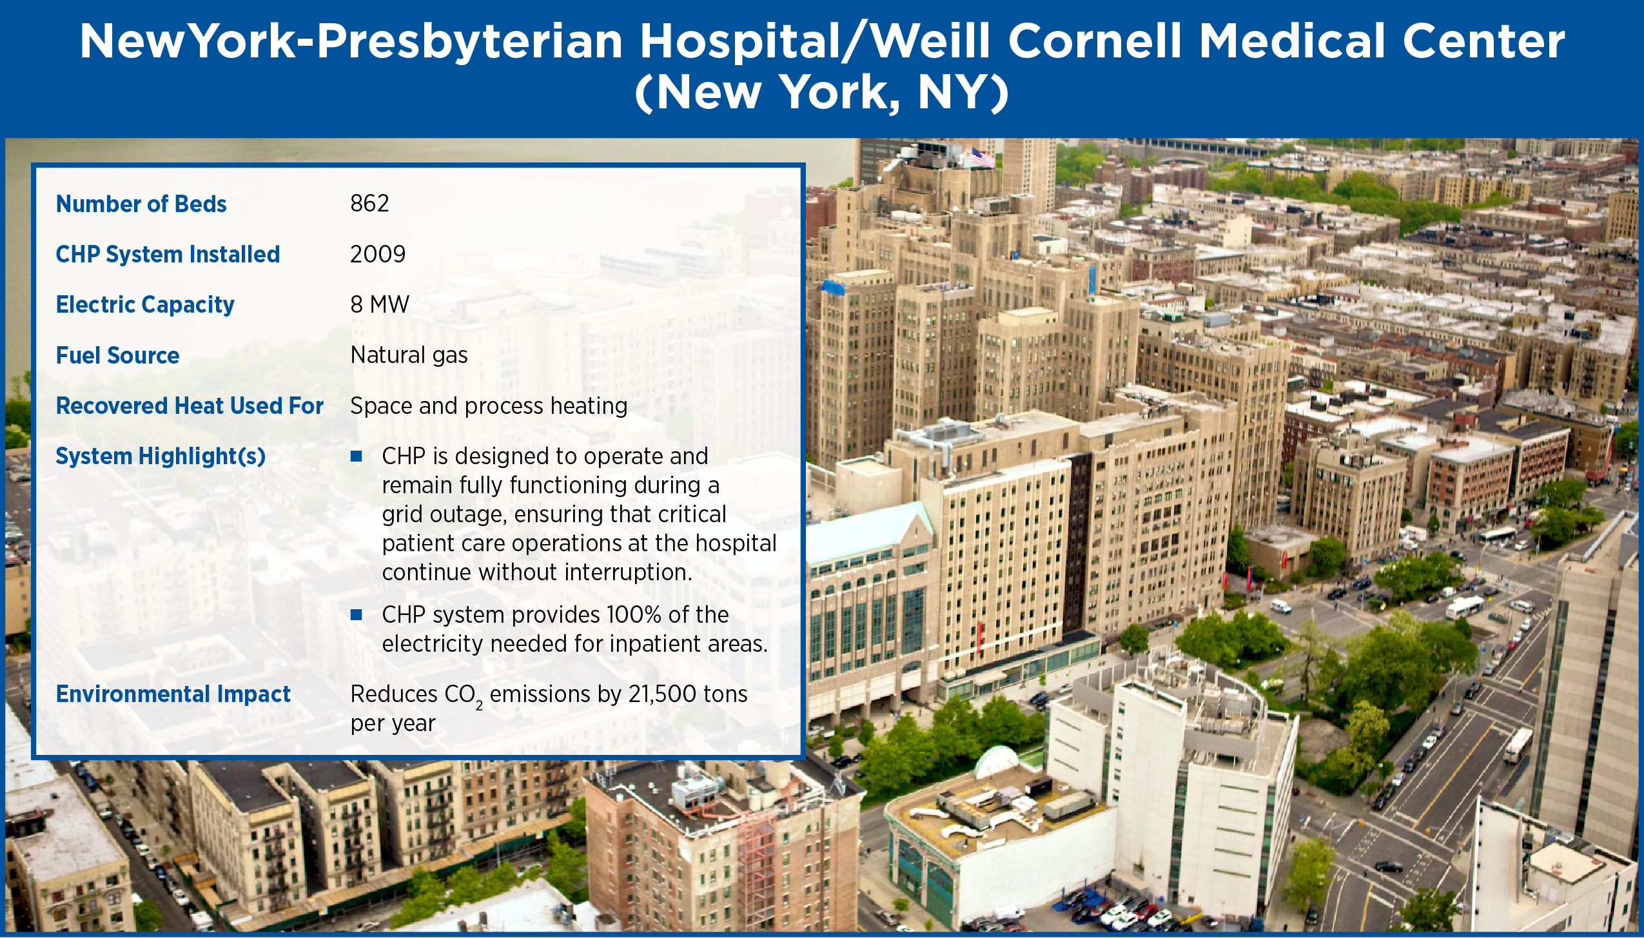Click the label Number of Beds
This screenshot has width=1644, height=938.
[x=141, y=204]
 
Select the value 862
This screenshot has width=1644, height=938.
[x=369, y=203]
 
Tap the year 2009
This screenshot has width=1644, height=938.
[x=378, y=254]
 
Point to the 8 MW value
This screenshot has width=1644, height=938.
[x=380, y=304]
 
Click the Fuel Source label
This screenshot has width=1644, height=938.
[x=117, y=355]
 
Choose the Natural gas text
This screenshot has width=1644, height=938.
[x=409, y=355]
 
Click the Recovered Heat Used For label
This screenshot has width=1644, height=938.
[x=190, y=405]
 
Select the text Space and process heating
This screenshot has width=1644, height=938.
[x=489, y=406]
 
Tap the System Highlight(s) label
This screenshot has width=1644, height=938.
[x=161, y=456]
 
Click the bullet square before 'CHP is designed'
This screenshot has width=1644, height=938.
[x=356, y=456]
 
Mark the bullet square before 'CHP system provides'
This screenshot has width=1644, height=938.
[x=356, y=615]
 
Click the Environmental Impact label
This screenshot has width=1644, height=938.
[x=173, y=694]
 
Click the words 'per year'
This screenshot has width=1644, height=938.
[x=393, y=724]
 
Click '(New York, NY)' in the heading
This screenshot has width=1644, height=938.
[x=822, y=92]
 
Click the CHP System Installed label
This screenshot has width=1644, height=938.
[x=168, y=255]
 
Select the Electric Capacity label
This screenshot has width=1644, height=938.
[x=145, y=305]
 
